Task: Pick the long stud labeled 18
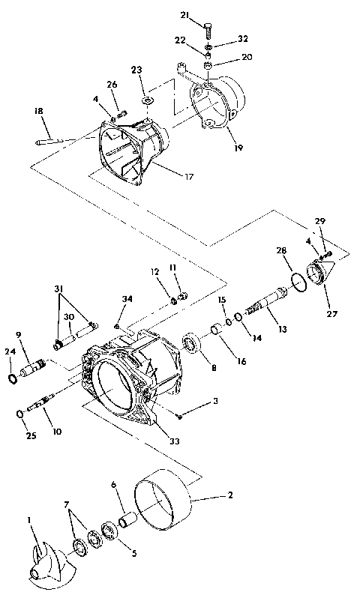tap(64, 140)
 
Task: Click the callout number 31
tap(58, 290)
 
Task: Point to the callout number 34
tap(127, 300)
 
